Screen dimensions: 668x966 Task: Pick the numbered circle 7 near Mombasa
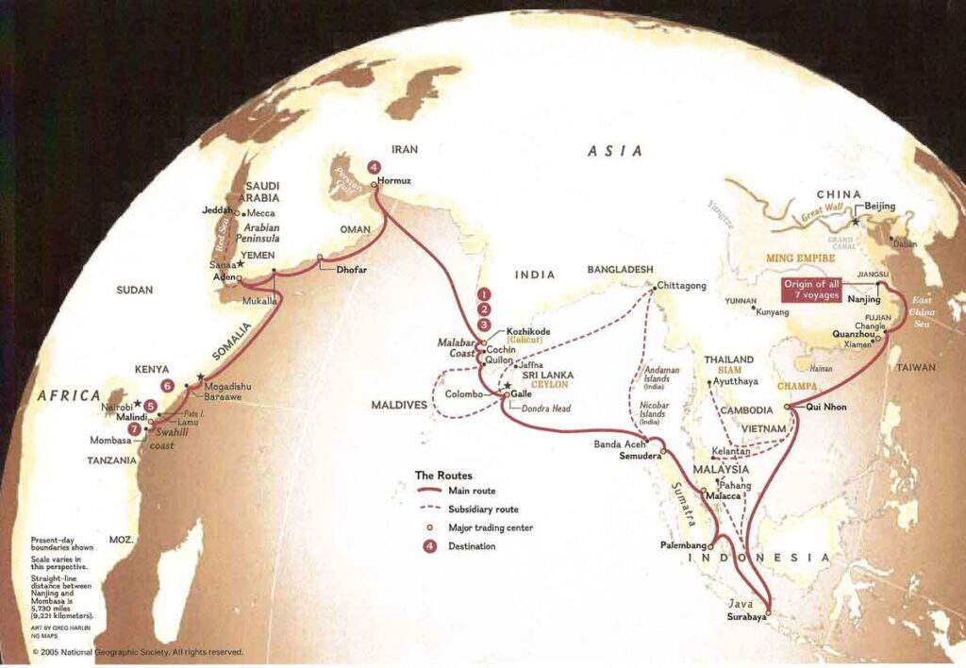tap(135, 428)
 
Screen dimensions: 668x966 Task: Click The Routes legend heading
tap(443, 476)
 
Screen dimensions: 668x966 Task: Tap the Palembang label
tap(683, 545)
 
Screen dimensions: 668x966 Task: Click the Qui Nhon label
tap(828, 407)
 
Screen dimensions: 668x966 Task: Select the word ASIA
tap(614, 151)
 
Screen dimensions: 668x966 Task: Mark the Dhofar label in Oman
tap(350, 270)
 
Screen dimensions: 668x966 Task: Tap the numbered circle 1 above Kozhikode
tap(484, 294)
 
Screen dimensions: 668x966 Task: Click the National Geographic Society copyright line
tap(138, 652)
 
